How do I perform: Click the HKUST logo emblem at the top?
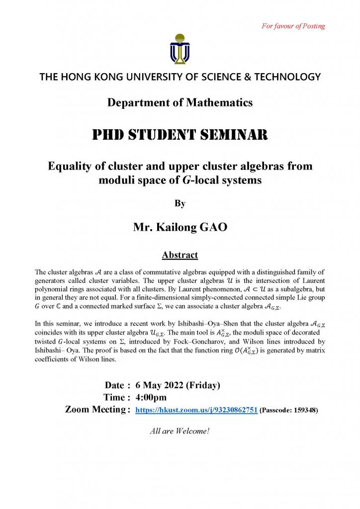(180, 49)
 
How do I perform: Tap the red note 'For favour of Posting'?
(293, 26)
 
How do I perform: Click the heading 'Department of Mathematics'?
(180, 103)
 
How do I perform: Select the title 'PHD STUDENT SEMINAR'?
(180, 134)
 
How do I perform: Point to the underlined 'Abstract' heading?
(180, 255)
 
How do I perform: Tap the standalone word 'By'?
(180, 203)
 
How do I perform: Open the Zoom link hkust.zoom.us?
(196, 410)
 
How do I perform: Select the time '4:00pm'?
(151, 397)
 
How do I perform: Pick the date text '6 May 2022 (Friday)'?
(178, 385)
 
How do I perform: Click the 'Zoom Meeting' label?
(95, 410)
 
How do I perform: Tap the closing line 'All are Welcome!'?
(180, 431)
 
